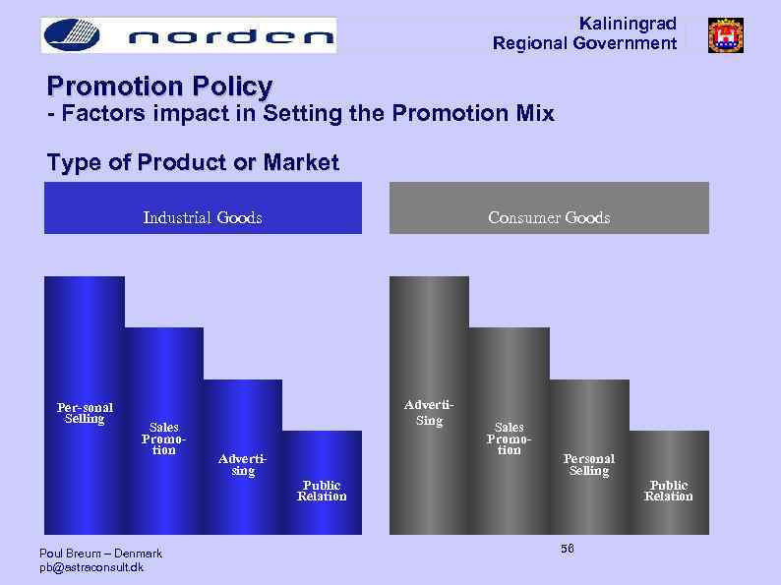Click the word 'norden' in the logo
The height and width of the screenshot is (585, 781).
pyautogui.click(x=231, y=38)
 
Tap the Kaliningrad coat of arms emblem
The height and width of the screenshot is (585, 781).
pyautogui.click(x=725, y=35)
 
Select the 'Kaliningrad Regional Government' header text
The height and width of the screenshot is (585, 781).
pyautogui.click(x=584, y=33)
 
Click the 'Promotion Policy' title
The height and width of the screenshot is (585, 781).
pyautogui.click(x=159, y=87)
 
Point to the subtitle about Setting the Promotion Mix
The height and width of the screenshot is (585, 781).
pyautogui.click(x=301, y=114)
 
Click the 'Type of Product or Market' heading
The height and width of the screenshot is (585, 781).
pyautogui.click(x=193, y=162)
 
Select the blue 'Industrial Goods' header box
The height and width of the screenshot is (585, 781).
pyautogui.click(x=203, y=208)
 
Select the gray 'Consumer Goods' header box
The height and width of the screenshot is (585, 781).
pyautogui.click(x=549, y=208)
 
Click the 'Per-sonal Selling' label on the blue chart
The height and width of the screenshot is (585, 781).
pyautogui.click(x=84, y=413)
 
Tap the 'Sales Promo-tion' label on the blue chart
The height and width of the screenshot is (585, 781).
pyautogui.click(x=163, y=439)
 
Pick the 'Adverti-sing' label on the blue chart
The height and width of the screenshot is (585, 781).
pyautogui.click(x=242, y=465)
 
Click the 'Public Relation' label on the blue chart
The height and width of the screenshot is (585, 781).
pyautogui.click(x=322, y=491)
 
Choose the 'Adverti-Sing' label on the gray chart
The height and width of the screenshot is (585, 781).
pyautogui.click(x=429, y=413)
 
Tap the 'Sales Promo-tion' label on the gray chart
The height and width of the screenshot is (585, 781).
pyautogui.click(x=509, y=439)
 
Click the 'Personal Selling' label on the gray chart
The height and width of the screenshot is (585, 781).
pyautogui.click(x=588, y=465)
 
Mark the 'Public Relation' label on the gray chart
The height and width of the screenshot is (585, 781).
pyautogui.click(x=668, y=491)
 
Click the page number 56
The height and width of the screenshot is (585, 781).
pyautogui.click(x=568, y=548)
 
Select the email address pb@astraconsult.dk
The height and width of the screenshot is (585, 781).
pyautogui.click(x=90, y=567)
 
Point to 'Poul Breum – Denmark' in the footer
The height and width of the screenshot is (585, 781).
pyautogui.click(x=100, y=554)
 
